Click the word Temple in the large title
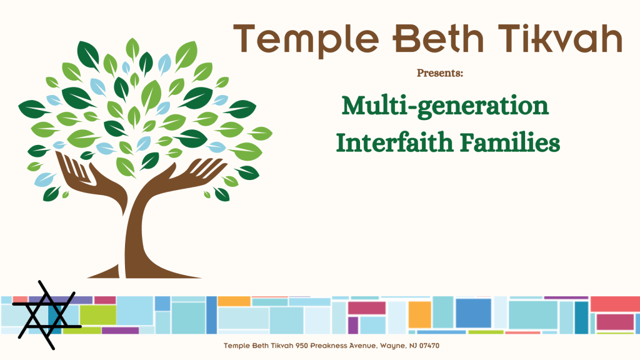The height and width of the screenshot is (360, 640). (x=306, y=40)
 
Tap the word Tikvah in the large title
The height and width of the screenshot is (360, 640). (x=559, y=38)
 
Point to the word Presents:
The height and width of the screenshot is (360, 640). (x=440, y=73)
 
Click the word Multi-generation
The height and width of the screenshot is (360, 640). (x=445, y=106)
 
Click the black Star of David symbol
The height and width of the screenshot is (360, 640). (x=47, y=315)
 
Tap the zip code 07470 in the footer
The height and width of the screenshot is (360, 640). (x=429, y=346)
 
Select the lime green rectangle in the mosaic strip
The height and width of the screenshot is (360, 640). (x=98, y=315)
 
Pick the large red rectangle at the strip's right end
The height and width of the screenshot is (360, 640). (x=615, y=304)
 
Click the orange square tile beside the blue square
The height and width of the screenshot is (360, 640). (x=419, y=314)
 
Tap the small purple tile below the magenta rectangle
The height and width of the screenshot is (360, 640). (x=353, y=325)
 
